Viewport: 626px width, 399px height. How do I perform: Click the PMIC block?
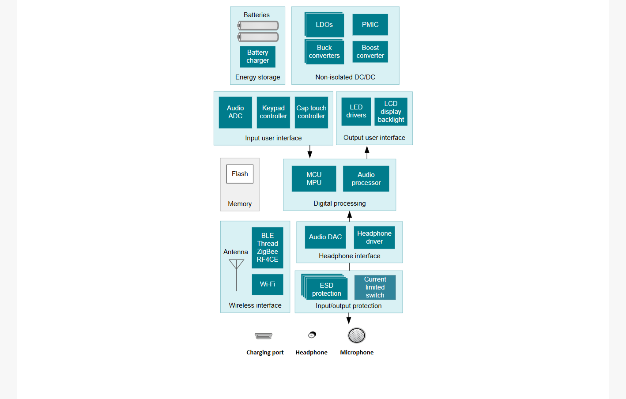pos(370,25)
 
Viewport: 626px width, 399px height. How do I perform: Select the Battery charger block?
pos(257,57)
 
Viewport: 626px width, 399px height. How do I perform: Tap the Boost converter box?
pos(370,52)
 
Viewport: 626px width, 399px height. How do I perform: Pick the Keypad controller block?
pos(273,112)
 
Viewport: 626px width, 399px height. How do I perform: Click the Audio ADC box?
pos(235,112)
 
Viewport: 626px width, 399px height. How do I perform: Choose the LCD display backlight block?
pos(391,112)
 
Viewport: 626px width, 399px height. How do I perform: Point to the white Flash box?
pos(240,174)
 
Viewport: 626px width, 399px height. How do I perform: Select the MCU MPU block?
pos(314,179)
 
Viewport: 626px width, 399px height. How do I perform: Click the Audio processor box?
pos(366,179)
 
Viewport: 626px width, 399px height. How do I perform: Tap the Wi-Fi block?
pos(268,284)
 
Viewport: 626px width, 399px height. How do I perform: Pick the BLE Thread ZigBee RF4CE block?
pos(268,248)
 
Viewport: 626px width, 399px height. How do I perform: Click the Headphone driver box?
pos(374,237)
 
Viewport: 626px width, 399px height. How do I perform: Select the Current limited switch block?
pos(375,287)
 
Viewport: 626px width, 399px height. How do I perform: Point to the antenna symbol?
pos(237,275)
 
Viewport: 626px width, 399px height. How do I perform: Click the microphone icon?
pos(357,335)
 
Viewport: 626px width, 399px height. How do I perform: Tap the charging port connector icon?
pos(263,336)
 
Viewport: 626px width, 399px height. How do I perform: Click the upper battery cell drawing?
pos(258,26)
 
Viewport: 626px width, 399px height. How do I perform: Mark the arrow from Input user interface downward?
pos(309,152)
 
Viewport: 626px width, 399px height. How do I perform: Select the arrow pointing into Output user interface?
pos(367,152)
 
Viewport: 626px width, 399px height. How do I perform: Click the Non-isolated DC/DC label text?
pos(345,77)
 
